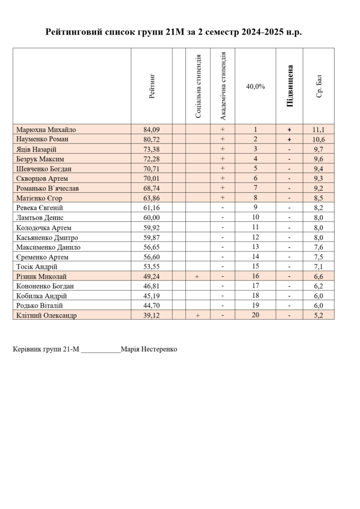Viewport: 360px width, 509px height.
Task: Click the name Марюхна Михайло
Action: coord(46,130)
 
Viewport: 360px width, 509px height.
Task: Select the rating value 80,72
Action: coord(152,139)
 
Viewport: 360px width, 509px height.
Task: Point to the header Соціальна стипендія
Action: coord(198,86)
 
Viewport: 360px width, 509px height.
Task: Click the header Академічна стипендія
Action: coord(223,85)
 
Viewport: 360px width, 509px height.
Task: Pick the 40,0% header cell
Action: coord(256,86)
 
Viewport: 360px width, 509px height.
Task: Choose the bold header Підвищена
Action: coord(290,86)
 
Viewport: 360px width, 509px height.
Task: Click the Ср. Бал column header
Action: coord(319,86)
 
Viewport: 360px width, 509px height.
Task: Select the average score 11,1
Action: coord(319,130)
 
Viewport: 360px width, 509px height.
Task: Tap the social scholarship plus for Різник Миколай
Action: coord(197,276)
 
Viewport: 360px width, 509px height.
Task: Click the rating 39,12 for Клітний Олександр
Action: coord(152,316)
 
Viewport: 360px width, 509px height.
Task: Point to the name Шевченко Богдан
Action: coord(44,169)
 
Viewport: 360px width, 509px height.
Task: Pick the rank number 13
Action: coord(256,247)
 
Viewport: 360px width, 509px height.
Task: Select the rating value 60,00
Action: coord(152,218)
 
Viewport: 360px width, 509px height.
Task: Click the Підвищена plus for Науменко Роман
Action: coord(289,139)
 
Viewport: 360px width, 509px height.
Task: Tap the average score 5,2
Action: coord(319,316)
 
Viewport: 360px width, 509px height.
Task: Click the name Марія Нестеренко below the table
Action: coord(149,349)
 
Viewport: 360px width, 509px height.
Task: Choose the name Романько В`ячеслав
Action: coord(47,188)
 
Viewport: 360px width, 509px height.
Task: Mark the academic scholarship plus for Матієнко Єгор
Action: coord(223,198)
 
